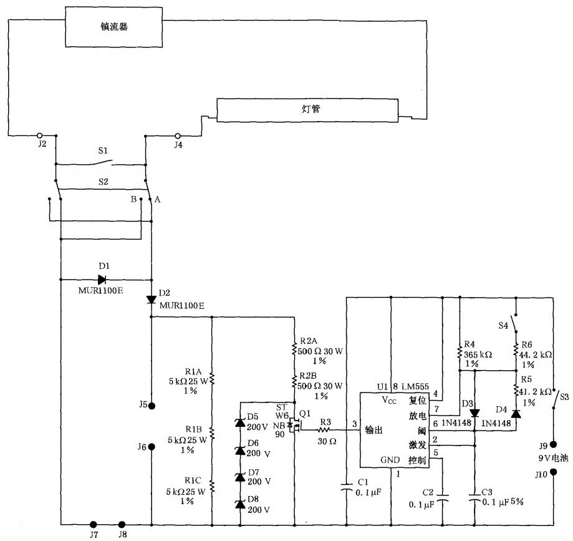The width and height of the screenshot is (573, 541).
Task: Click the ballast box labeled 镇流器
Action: coord(113,27)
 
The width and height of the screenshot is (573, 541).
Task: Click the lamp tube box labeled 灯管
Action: coord(307,110)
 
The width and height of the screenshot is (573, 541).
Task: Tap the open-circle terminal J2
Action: coord(40,135)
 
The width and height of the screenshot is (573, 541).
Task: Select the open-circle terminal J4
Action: coord(178,135)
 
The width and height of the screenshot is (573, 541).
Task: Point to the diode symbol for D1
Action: coord(102,280)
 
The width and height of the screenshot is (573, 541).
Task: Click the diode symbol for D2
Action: coord(152,300)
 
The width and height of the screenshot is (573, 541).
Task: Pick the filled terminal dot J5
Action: coord(152,406)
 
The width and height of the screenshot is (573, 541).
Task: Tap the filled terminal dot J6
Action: coord(152,447)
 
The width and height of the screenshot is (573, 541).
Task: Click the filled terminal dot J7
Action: coord(94,524)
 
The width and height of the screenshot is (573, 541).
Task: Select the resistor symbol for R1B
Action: coord(212,434)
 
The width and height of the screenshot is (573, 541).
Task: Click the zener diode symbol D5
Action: coord(240,422)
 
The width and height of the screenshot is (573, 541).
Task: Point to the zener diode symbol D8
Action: coord(240,504)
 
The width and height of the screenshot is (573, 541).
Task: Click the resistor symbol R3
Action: coord(325,430)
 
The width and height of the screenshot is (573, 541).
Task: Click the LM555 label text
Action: coord(415,386)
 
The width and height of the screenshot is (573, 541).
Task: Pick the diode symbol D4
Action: coord(516,413)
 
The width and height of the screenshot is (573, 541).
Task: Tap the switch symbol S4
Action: coord(516,323)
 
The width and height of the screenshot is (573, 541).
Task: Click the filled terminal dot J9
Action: coord(553,444)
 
